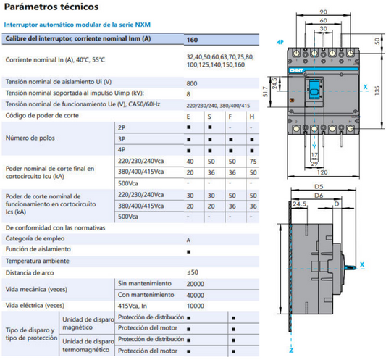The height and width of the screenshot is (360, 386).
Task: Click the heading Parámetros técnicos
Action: (51, 7)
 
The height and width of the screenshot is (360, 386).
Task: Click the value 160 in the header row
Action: (192, 40)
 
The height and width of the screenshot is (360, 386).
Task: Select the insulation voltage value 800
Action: (192, 83)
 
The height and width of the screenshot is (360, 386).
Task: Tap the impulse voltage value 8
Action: (188, 94)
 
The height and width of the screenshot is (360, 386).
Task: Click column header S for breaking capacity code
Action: (209, 117)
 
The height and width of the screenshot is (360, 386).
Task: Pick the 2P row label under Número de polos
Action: (122, 127)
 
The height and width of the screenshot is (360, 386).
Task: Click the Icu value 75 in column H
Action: (253, 162)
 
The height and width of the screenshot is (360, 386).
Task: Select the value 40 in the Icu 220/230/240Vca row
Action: (190, 162)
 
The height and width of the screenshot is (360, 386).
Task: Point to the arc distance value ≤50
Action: (193, 272)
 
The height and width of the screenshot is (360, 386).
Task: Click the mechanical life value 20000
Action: (196, 284)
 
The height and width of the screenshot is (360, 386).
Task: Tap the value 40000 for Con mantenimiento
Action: (196, 295)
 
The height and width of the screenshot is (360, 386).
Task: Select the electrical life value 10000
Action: (196, 306)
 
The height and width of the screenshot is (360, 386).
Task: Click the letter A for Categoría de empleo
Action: (188, 240)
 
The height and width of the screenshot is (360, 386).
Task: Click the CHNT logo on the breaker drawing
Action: (296, 70)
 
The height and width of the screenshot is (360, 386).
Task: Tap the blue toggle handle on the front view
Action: (314, 89)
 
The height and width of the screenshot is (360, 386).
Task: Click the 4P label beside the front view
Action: (280, 42)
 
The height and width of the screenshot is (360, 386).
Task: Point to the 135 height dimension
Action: (377, 91)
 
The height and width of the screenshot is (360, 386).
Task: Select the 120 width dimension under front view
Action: (322, 172)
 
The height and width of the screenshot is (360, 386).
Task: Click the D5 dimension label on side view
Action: (319, 187)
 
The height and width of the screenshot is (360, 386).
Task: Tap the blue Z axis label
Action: (291, 351)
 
